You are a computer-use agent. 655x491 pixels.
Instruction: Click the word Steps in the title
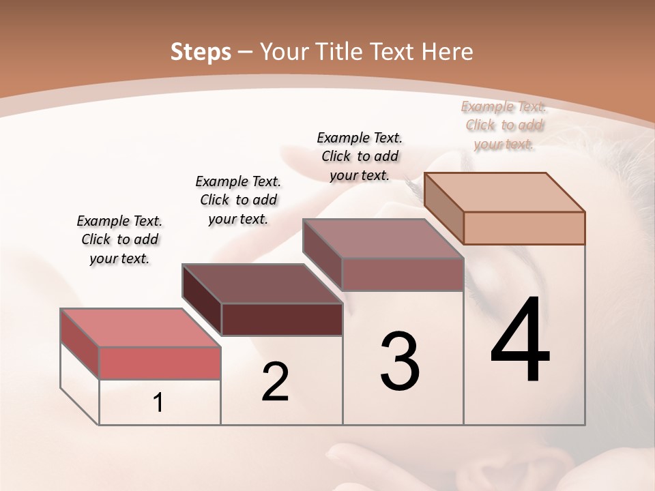(200, 51)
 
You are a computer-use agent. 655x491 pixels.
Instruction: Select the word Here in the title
(447, 51)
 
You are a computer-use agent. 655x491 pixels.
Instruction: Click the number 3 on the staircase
(399, 361)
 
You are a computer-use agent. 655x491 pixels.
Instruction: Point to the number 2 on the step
(275, 382)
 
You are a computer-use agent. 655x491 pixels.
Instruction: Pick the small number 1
(158, 403)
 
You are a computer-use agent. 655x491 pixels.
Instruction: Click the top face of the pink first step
(141, 327)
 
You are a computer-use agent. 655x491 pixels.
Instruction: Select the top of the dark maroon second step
(262, 283)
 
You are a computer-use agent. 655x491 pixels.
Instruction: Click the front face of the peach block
(524, 228)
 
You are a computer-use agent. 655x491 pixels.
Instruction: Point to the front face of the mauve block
(403, 274)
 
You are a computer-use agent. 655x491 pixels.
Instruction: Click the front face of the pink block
(160, 363)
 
